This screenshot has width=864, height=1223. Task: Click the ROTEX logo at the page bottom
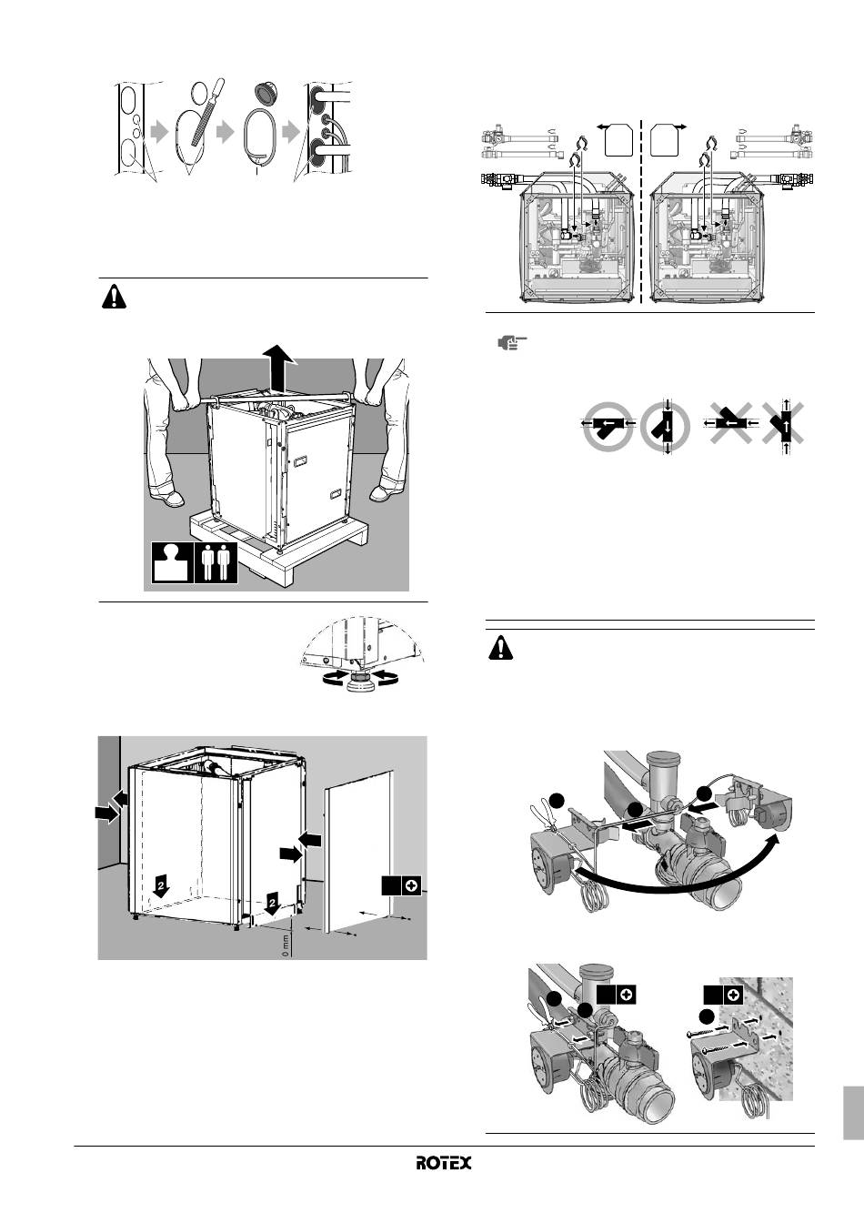coord(444,1162)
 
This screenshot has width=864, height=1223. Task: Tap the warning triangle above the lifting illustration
coord(114,297)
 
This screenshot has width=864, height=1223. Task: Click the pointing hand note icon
coord(512,343)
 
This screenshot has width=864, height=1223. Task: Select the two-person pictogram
coord(216,563)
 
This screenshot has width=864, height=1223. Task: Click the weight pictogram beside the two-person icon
coord(173,563)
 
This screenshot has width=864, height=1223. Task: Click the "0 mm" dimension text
coord(286,945)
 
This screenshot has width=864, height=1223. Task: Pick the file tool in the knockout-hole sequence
coord(203,111)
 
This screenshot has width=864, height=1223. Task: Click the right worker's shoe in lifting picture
coord(386,493)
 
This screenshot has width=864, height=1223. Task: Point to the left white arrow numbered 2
coord(160,889)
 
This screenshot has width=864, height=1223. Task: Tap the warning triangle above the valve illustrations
coord(500,649)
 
